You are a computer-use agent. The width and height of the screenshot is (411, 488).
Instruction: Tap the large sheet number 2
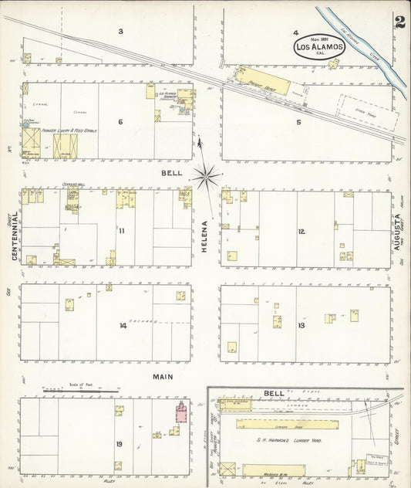pos(399,22)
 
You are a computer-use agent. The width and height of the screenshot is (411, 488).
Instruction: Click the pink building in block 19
pos(182,413)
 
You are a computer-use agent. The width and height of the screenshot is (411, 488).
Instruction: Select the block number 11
pos(122,230)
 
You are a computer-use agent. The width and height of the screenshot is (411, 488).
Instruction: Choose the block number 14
pos(122,325)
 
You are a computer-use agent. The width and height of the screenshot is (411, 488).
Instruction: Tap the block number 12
pos(302,230)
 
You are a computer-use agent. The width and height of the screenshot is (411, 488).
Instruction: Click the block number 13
pos(302,325)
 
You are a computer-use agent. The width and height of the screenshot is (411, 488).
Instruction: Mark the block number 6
pos(120,122)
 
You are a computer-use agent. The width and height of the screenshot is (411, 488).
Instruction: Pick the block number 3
pos(120,32)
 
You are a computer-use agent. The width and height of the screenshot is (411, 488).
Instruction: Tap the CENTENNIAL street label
pos(15,236)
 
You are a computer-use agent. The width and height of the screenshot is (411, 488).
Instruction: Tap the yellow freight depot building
pos(264,82)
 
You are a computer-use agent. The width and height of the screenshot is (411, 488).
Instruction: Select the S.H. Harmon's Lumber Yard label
pos(289,439)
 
